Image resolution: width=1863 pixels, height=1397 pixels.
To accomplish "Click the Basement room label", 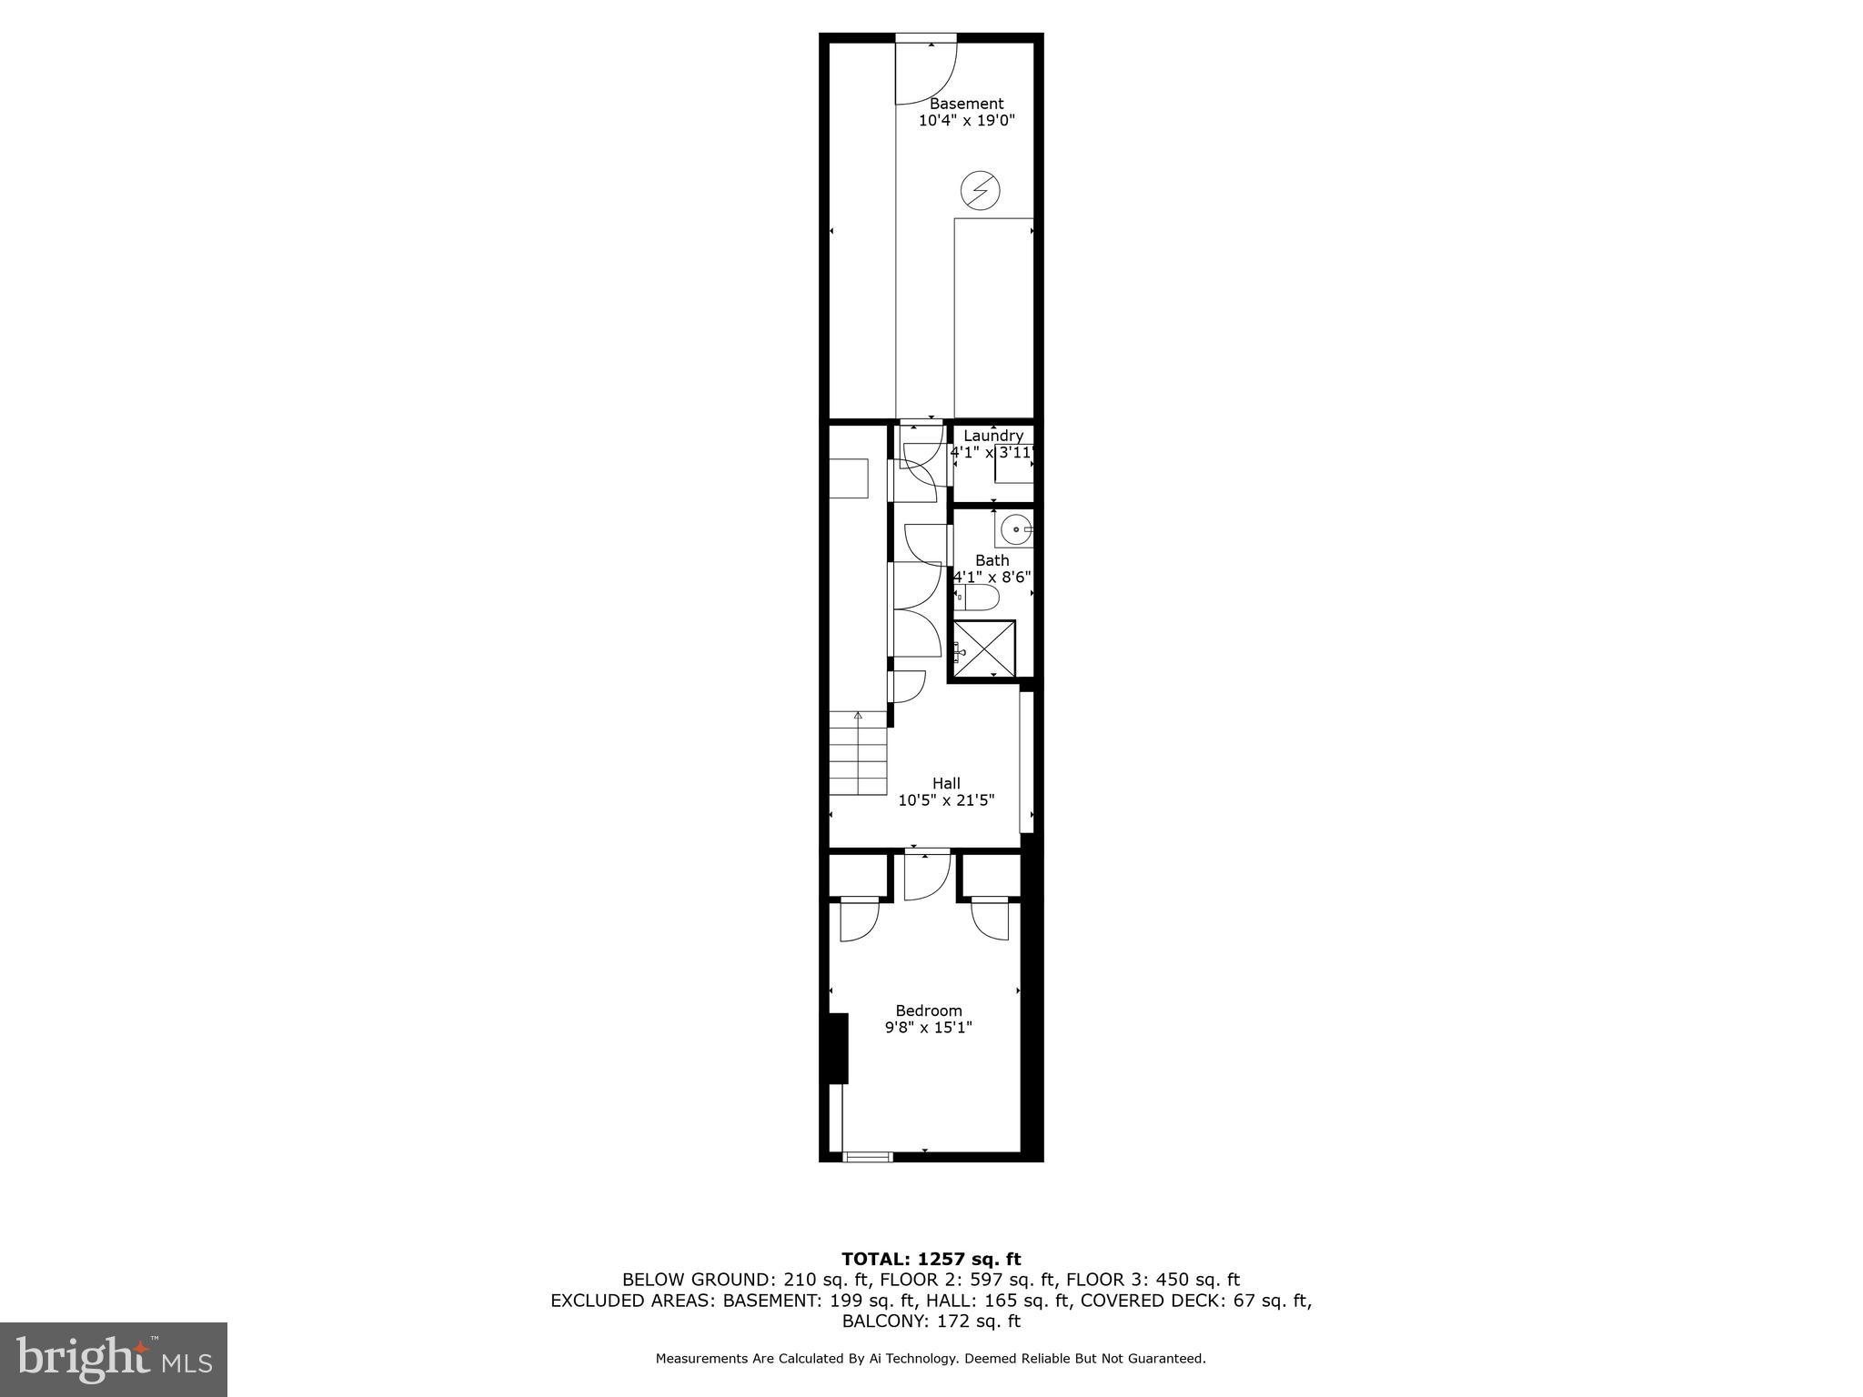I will pos(966,104).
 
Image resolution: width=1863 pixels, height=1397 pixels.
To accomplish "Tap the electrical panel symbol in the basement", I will pos(980,191).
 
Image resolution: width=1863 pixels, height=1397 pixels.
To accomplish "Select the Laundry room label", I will pos(992,436).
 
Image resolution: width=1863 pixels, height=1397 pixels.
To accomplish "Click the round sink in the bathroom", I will pos(1015,528).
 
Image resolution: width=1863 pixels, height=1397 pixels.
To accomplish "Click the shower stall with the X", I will pos(983,649).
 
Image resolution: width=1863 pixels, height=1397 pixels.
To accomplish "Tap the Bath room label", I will pos(992,560).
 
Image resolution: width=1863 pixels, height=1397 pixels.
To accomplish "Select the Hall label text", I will pos(946,783).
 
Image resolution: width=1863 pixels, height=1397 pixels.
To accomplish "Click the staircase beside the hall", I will pos(857,755).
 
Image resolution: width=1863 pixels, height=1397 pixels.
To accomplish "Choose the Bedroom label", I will pos(929,1010).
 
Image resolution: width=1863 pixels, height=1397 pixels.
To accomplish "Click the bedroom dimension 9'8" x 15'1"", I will pos(929,1028).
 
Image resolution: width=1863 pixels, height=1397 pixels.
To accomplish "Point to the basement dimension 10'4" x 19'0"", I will pos(966,120).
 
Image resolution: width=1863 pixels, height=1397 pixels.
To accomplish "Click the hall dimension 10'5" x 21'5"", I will pos(946,800).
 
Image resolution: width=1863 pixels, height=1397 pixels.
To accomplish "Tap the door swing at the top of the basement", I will pos(926,71).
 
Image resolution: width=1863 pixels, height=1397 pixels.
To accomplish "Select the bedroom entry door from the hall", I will pos(927,875).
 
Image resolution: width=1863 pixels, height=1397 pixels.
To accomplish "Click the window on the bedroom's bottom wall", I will pos(868,1157).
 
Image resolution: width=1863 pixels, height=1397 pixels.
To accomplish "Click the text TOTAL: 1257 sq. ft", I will pos(931,1260).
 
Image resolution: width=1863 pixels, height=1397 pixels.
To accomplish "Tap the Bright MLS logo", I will pos(114,1359).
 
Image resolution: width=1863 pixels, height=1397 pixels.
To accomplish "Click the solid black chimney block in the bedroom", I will pos(837,1048).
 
